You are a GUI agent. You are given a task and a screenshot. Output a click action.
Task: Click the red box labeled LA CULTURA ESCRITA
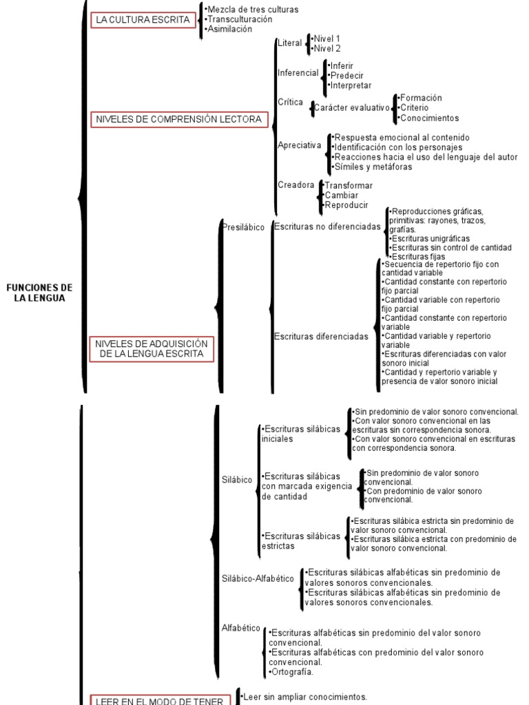tap(143, 20)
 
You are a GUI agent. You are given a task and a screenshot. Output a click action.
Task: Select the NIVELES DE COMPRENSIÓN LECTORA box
tap(178, 120)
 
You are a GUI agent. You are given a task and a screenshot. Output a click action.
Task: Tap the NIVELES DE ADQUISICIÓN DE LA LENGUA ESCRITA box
tap(152, 348)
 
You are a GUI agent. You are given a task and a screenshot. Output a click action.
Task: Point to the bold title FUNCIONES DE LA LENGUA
tap(39, 293)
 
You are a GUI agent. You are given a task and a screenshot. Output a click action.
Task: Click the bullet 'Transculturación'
tap(235, 19)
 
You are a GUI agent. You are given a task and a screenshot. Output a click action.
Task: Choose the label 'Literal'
tap(289, 43)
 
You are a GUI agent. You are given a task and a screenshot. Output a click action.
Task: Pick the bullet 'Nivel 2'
tap(326, 49)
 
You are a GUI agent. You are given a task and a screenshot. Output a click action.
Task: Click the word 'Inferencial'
tap(298, 73)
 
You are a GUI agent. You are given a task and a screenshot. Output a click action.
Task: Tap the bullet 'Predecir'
tap(346, 76)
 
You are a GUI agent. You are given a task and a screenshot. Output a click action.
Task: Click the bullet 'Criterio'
tap(413, 108)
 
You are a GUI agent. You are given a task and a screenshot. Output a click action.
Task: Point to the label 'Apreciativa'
tap(299, 145)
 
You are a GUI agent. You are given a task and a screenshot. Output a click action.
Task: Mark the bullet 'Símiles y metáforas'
tap(373, 167)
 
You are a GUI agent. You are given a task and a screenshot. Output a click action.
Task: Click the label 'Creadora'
tap(296, 185)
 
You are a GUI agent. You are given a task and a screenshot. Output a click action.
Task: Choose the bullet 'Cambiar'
tap(341, 196)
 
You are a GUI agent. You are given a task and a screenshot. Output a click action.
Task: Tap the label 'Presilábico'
tap(244, 227)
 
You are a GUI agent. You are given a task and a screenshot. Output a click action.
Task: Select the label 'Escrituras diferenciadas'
tap(321, 337)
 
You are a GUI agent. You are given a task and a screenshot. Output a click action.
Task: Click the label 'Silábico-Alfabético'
tap(258, 578)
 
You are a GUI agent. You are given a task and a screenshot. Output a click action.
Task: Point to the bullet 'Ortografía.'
tap(291, 672)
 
